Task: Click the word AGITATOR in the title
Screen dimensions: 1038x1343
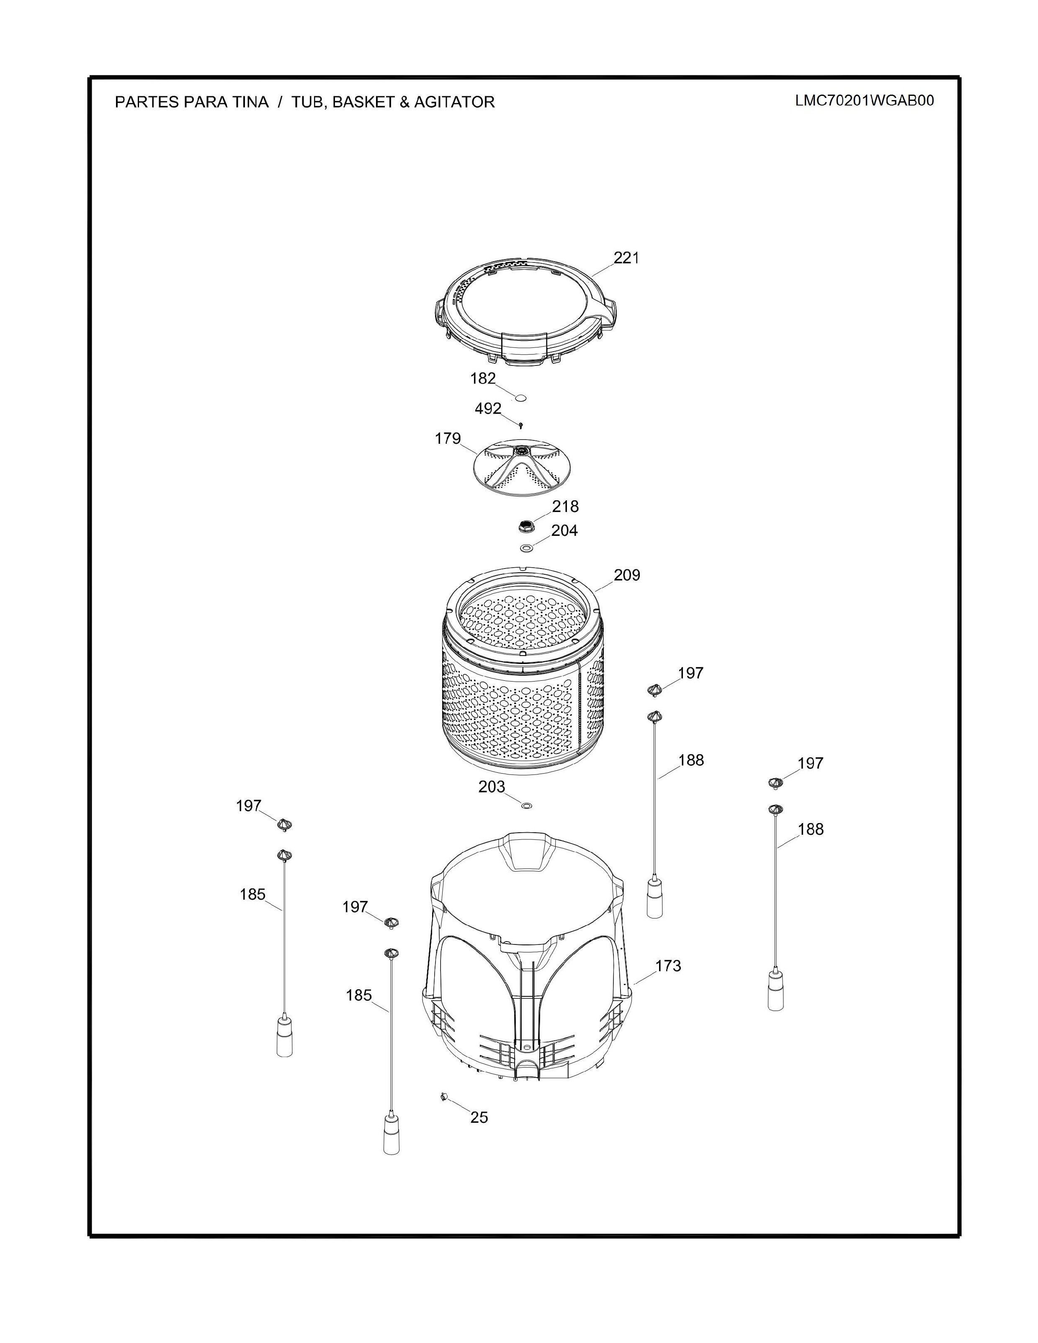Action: [x=454, y=102]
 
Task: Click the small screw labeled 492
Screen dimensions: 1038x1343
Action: [x=521, y=425]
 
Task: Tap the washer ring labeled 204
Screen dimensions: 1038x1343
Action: [x=526, y=547]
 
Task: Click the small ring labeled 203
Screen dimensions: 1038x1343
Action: [x=526, y=805]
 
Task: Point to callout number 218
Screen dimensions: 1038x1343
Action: [x=565, y=506]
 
